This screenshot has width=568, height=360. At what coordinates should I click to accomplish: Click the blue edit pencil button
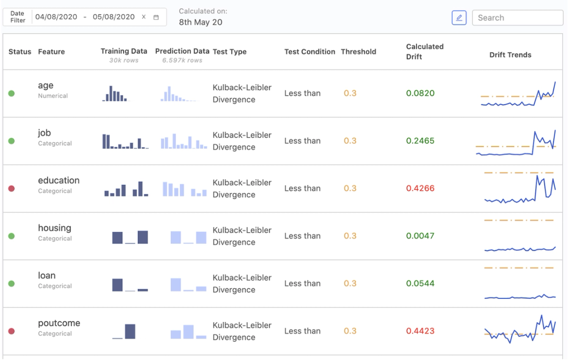tap(459, 17)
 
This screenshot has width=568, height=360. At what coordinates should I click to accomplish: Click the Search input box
tap(518, 17)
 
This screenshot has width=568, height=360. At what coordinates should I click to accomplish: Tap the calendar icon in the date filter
tap(156, 17)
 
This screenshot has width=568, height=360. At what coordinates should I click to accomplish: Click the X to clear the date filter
tap(144, 17)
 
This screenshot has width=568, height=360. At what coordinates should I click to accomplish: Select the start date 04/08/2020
tap(56, 17)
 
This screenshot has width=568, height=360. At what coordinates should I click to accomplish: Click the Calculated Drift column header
tap(425, 52)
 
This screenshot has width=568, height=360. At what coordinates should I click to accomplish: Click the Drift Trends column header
tap(510, 55)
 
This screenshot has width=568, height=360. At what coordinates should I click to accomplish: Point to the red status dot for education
tap(12, 189)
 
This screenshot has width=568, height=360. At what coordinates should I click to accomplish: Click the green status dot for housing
tap(12, 236)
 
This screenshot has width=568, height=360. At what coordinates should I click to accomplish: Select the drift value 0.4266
tap(420, 188)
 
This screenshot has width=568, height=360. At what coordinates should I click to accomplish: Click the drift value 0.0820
tap(420, 93)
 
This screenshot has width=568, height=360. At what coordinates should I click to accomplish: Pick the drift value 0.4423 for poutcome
tap(420, 331)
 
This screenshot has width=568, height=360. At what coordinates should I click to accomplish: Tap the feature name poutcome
tap(59, 323)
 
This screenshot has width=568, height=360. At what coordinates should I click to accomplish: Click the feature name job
tap(44, 133)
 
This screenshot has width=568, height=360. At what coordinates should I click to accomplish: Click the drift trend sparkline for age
tap(518, 95)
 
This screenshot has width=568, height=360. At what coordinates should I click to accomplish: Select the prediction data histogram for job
tap(184, 141)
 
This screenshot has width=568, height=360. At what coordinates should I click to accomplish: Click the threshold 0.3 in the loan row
tap(350, 283)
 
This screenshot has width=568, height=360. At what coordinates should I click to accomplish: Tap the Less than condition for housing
tap(302, 236)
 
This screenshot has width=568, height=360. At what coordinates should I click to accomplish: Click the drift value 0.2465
tap(420, 141)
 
